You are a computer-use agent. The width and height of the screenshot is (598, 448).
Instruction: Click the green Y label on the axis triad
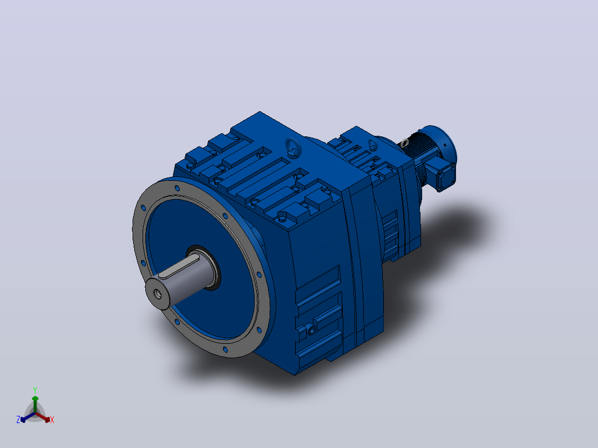(35, 390)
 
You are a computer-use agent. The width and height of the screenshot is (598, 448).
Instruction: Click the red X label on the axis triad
(52, 420)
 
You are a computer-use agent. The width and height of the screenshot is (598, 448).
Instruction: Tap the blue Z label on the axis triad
(18, 420)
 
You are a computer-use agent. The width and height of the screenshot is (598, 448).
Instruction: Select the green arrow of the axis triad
(35, 404)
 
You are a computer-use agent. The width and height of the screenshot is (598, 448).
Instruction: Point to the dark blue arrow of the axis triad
(28, 418)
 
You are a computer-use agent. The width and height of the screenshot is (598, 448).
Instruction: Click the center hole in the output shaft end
(157, 293)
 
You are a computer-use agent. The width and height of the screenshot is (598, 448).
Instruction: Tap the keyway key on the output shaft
(179, 268)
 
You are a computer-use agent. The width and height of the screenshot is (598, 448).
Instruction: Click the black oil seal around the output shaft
(205, 267)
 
